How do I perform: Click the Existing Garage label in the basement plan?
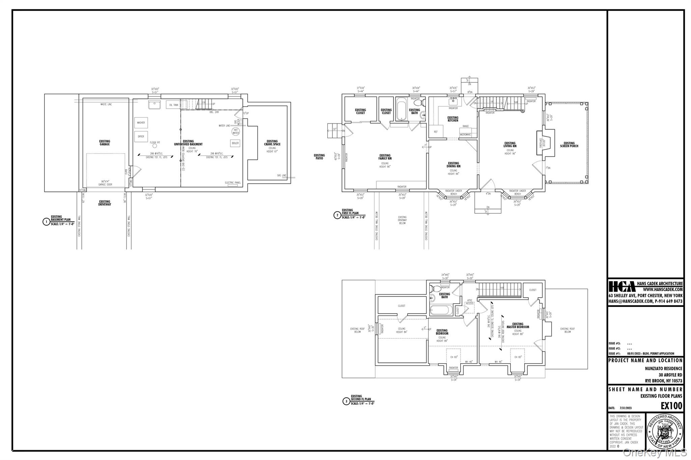pyautogui.click(x=105, y=143)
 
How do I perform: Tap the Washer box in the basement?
pyautogui.click(x=141, y=123)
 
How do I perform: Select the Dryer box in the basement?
pyautogui.click(x=141, y=136)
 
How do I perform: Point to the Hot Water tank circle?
pyautogui.click(x=236, y=131)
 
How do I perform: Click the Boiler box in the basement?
pyautogui.click(x=235, y=143)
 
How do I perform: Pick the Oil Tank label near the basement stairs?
pyautogui.click(x=174, y=105)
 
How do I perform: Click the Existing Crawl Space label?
pyautogui.click(x=272, y=143)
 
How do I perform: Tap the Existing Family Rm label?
pyautogui.click(x=385, y=157)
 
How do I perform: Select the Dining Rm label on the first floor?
pyautogui.click(x=453, y=165)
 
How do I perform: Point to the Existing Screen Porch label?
pyautogui.click(x=569, y=145)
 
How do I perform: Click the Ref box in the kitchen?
pyautogui.click(x=436, y=132)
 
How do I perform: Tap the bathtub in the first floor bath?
pyautogui.click(x=401, y=109)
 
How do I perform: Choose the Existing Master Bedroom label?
pyautogui.click(x=518, y=326)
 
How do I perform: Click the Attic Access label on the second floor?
pyautogui.click(x=469, y=302)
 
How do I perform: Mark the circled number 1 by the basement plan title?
pyautogui.click(x=46, y=222)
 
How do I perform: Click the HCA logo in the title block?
pyautogui.click(x=622, y=287)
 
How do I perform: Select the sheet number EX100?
pyautogui.click(x=671, y=406)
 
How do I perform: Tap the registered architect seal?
pyautogui.click(x=664, y=432)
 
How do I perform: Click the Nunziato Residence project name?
pyautogui.click(x=663, y=369)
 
